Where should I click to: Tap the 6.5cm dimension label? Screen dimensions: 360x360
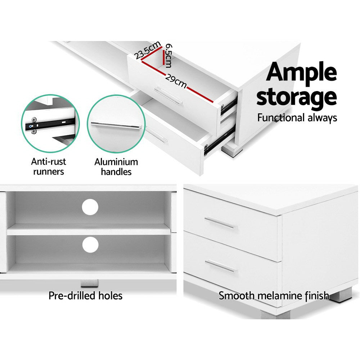[x=168, y=56]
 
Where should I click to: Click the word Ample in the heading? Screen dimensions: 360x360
[x=301, y=73]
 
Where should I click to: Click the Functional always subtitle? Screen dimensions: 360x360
[x=297, y=118]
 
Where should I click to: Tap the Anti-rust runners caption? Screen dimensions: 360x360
[x=49, y=166]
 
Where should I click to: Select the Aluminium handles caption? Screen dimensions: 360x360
[x=116, y=166]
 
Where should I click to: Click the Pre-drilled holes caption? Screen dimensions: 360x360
[x=86, y=296]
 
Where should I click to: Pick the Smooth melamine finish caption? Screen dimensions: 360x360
[x=274, y=296]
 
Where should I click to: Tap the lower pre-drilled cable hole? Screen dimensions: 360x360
[x=90, y=245]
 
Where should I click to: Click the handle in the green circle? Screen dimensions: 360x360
[x=115, y=125]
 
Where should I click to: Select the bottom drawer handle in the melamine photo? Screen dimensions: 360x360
[x=221, y=266]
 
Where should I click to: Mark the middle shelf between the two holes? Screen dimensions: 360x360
[x=88, y=229]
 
